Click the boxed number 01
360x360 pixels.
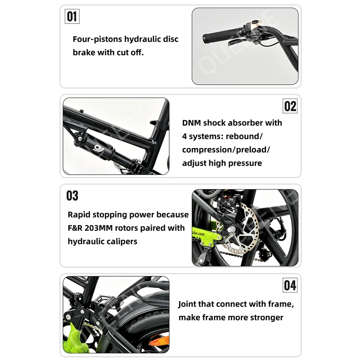click(x=72, y=17)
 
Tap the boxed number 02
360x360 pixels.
click(x=290, y=106)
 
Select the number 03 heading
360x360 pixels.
click(x=72, y=196)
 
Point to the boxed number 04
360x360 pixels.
click(x=290, y=285)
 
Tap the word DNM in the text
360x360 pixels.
click(x=192, y=123)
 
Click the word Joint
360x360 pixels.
click(x=188, y=304)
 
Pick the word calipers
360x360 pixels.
click(x=121, y=242)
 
